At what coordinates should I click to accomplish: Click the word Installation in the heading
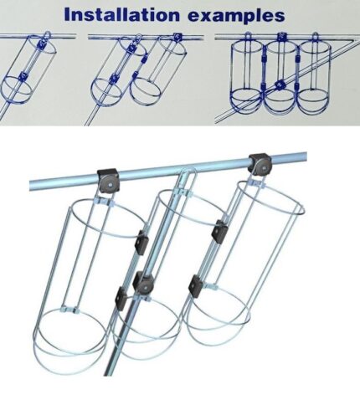pyautogui.click(x=122, y=15)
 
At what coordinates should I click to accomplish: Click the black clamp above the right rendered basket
pyautogui.click(x=260, y=165)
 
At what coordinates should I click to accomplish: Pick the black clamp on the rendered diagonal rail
pyautogui.click(x=143, y=284)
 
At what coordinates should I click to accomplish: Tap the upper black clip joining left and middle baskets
pyautogui.click(x=141, y=242)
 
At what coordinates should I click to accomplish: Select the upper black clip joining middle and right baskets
pyautogui.click(x=220, y=231)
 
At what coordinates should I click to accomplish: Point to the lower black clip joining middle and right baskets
pyautogui.click(x=196, y=286)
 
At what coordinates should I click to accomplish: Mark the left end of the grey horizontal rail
pyautogui.click(x=30, y=186)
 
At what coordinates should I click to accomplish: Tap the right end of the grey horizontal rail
pyautogui.click(x=306, y=156)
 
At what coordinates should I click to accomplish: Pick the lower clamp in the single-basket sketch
pyautogui.click(x=23, y=76)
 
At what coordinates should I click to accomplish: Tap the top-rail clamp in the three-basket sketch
pyautogui.click(x=282, y=36)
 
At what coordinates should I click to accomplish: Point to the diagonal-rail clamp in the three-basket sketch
pyautogui.click(x=280, y=84)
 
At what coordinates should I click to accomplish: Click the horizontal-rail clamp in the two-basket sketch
pyautogui.click(x=177, y=37)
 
